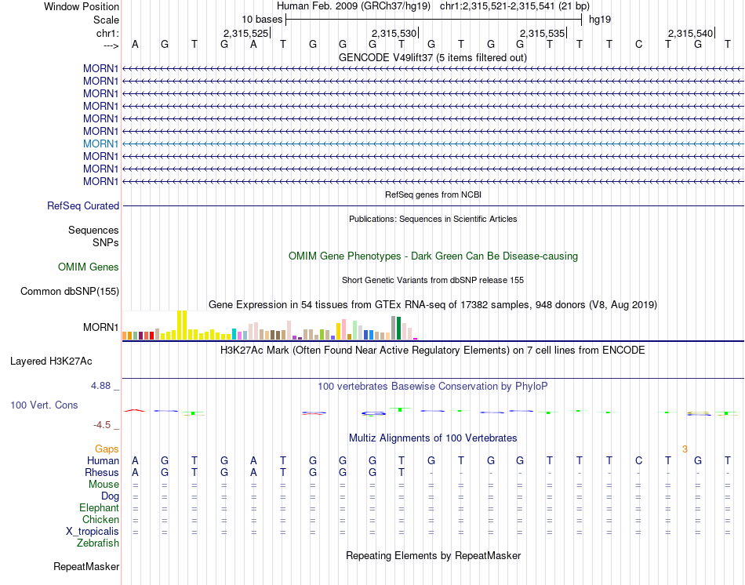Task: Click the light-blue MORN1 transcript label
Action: pyautogui.click(x=100, y=144)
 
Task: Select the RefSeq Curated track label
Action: pyautogui.click(x=83, y=206)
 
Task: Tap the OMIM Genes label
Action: pyautogui.click(x=89, y=267)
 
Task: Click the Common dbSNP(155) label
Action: pyautogui.click(x=70, y=292)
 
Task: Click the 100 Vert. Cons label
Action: pyautogui.click(x=44, y=405)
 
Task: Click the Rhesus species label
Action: pyautogui.click(x=101, y=473)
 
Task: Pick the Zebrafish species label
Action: pyautogui.click(x=98, y=543)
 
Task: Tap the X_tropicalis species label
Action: pyautogui.click(x=93, y=531)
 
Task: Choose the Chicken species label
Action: pyautogui.click(x=100, y=519)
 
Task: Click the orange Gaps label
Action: pyautogui.click(x=107, y=449)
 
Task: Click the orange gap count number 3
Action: pyautogui.click(x=685, y=449)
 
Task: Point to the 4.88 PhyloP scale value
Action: pyautogui.click(x=102, y=386)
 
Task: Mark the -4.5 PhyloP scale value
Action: pyautogui.click(x=102, y=425)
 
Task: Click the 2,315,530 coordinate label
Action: pyautogui.click(x=394, y=34)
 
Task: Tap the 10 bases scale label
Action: pyautogui.click(x=262, y=19)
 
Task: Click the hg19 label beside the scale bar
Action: pyautogui.click(x=600, y=19)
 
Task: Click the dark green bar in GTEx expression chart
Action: pyautogui.click(x=399, y=328)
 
